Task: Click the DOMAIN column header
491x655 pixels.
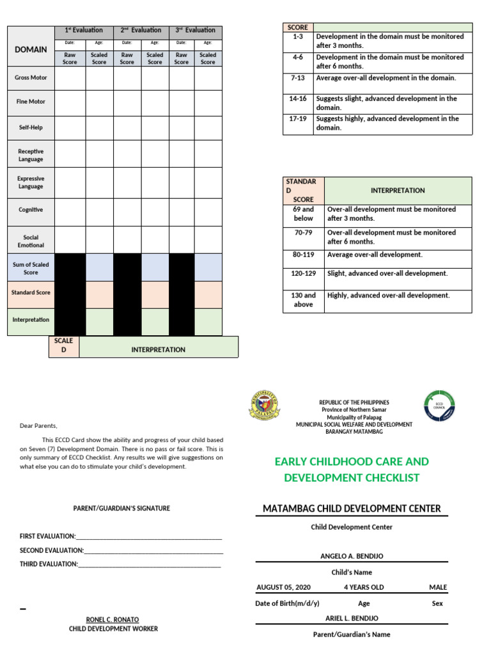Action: click(x=31, y=49)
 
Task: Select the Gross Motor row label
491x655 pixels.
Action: click(x=31, y=77)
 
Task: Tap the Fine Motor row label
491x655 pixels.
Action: click(x=31, y=102)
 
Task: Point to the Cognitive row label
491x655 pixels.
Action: click(x=31, y=210)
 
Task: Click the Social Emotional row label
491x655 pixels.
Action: click(x=31, y=241)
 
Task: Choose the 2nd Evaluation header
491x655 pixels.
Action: click(x=141, y=30)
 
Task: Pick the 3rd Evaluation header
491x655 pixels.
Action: click(x=196, y=30)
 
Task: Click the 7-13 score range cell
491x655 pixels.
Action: click(x=297, y=78)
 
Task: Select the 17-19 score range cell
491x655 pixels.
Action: click(x=297, y=119)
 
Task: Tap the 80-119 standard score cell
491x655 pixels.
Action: click(x=303, y=255)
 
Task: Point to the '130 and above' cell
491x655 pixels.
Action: click(x=303, y=300)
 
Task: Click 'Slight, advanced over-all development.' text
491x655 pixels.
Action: click(x=387, y=273)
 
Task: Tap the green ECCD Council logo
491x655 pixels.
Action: click(x=439, y=406)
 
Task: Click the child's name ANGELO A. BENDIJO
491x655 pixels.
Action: click(x=352, y=556)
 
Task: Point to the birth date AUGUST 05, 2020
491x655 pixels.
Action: click(x=283, y=587)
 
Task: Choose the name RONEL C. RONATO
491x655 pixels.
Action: click(x=113, y=620)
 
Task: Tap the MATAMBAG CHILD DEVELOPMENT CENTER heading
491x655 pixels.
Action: click(x=352, y=509)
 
